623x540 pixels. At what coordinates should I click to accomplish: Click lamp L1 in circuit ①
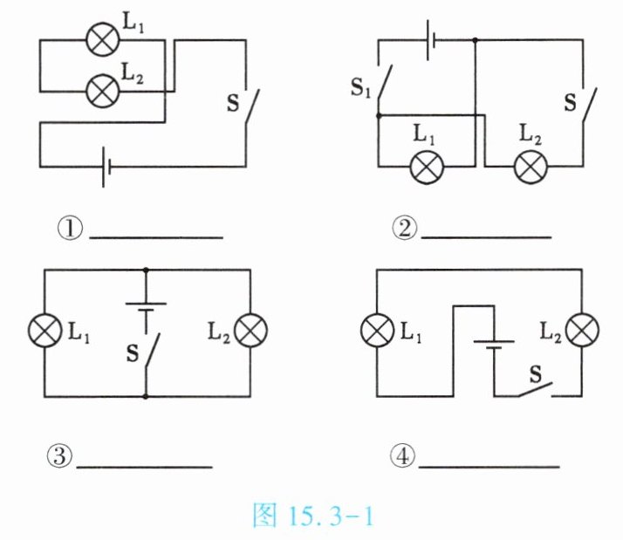(102, 39)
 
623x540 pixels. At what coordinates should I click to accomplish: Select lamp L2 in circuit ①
(102, 91)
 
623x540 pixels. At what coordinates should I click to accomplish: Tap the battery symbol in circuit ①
(106, 167)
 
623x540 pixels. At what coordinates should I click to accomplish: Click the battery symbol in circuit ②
(431, 40)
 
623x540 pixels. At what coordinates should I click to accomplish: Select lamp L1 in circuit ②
(427, 167)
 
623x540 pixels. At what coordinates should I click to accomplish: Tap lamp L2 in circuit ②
(531, 167)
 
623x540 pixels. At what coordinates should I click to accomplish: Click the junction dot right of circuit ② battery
(475, 40)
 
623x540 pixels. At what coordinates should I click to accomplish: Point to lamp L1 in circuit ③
(44, 331)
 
